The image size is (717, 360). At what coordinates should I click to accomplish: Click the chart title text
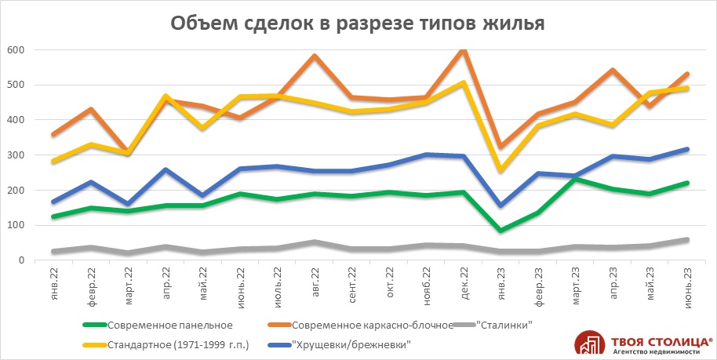tap(358, 23)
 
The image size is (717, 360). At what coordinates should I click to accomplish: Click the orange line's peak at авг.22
tap(315, 56)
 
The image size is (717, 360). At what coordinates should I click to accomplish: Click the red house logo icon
tap(590, 343)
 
